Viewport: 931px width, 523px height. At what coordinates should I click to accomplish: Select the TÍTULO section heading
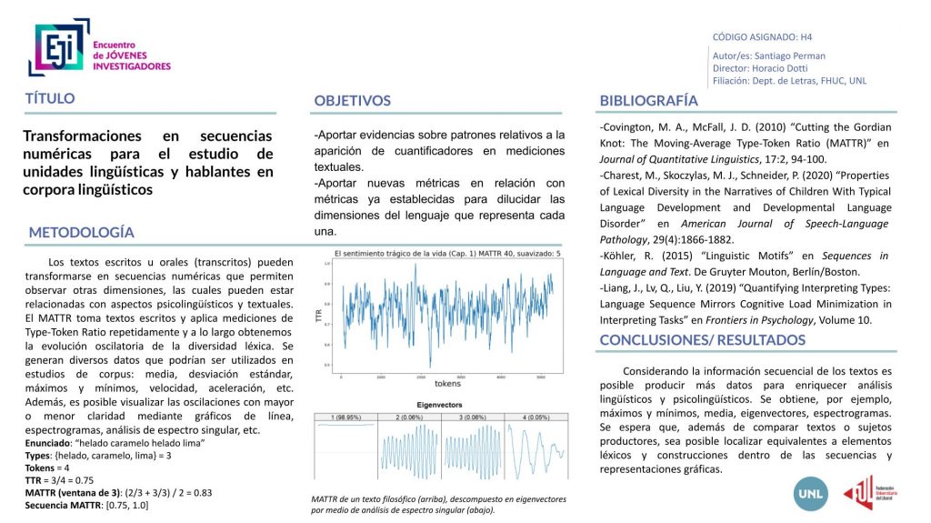(x=50, y=98)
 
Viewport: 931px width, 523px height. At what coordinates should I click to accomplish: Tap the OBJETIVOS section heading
(x=353, y=100)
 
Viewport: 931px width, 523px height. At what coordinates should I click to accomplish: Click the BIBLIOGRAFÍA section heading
(x=649, y=100)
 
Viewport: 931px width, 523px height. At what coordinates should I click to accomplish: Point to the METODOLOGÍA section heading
(x=82, y=232)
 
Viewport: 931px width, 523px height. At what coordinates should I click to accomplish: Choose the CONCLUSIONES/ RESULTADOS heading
(x=702, y=340)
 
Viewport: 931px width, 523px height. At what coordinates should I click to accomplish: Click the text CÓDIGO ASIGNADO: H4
(x=762, y=37)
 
